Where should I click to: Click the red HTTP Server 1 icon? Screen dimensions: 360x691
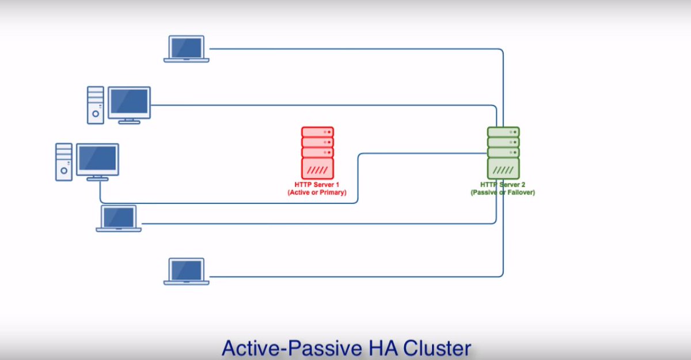coord(317,153)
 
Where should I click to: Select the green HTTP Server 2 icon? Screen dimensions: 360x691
coord(503,153)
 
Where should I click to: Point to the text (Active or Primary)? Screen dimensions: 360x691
coord(317,193)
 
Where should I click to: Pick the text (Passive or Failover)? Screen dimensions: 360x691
coord(503,193)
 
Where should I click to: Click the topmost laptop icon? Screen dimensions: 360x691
coord(186,48)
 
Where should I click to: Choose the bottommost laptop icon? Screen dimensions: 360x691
coord(186,271)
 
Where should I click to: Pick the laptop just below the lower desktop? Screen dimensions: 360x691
coord(119,218)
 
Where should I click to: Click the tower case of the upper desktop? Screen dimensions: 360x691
coord(96,105)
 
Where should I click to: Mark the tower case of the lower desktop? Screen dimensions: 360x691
coord(64,162)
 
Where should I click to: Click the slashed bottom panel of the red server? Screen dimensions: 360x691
coord(317,169)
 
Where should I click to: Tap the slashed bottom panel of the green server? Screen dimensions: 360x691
coord(503,169)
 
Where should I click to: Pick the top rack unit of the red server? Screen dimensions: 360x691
coord(317,132)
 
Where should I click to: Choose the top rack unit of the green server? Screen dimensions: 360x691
coord(503,132)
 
